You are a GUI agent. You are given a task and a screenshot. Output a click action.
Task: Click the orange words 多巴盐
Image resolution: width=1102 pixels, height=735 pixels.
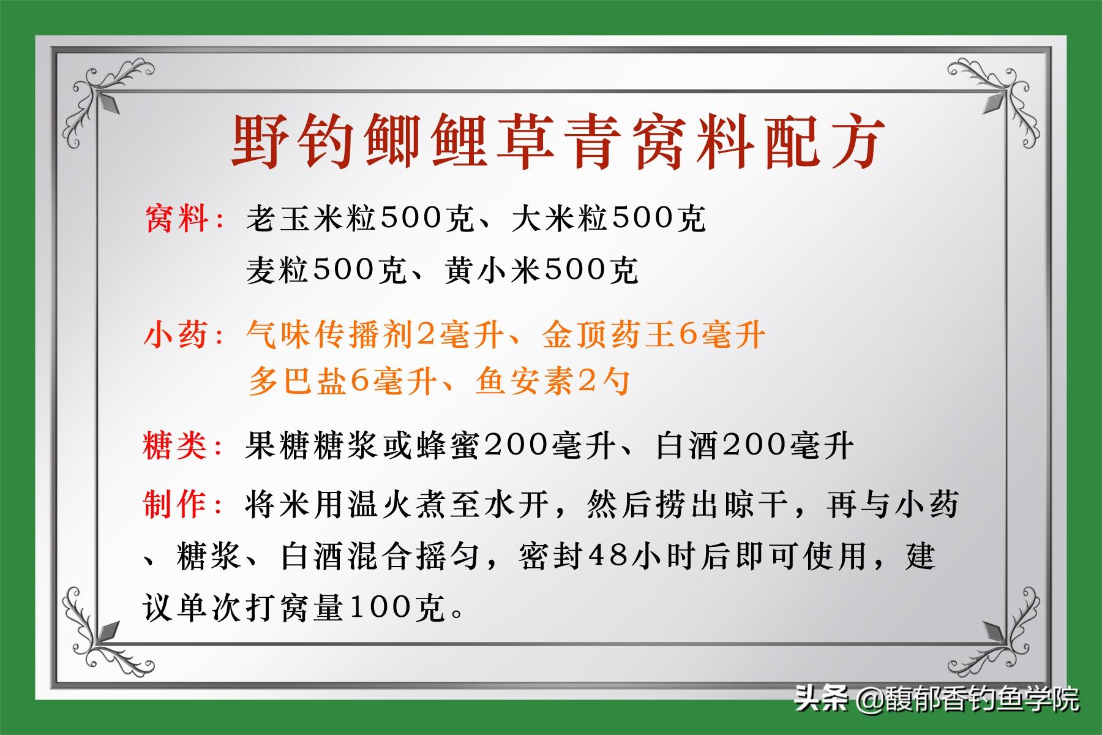coord(298,382)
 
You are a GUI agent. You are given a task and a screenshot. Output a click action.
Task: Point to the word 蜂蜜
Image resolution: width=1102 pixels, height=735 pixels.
coord(449,445)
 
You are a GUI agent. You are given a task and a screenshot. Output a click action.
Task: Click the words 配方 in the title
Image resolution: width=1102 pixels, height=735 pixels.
coord(822,141)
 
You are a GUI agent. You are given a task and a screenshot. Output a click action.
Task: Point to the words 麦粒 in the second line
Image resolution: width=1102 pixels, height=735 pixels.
coord(279,269)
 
